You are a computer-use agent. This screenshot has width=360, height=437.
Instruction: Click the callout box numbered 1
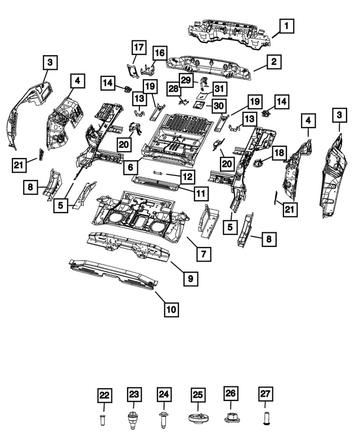pos(286,25)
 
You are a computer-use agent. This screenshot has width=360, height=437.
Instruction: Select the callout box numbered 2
pos(273,62)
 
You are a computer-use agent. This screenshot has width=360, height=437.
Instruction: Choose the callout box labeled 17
pos(139,47)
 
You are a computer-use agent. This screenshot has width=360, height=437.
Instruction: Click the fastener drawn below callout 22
pos(102,420)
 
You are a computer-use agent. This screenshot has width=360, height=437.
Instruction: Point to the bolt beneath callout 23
pos(133,419)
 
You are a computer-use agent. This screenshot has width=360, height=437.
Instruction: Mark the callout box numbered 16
pos(159,53)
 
